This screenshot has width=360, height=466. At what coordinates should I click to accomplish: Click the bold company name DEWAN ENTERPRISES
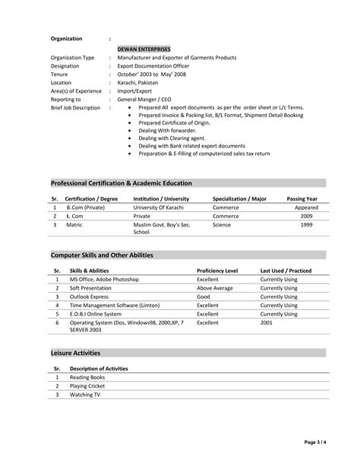click(144, 48)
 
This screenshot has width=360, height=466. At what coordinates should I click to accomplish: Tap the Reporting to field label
click(65, 99)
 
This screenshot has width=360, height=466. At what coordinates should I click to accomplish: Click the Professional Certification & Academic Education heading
click(121, 183)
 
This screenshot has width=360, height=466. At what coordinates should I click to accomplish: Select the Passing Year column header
click(302, 198)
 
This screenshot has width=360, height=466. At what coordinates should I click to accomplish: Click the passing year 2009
click(306, 216)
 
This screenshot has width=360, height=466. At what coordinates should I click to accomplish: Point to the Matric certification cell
click(74, 225)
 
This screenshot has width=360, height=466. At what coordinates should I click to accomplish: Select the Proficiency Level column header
click(217, 271)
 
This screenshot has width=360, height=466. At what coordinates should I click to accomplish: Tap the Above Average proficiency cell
click(215, 288)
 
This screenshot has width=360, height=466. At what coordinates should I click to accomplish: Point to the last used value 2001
click(267, 322)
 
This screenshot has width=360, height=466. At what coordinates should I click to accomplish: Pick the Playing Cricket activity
click(87, 386)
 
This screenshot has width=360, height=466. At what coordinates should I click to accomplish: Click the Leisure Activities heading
click(75, 353)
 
